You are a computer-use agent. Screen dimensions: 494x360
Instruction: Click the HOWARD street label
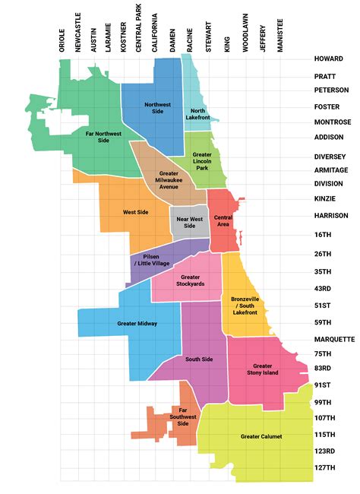pos(329,59)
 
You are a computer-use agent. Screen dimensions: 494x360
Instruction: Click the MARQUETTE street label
pos(334,338)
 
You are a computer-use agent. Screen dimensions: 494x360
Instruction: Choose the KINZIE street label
pos(327,198)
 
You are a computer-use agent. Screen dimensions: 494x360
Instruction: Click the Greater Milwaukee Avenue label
pos(168,179)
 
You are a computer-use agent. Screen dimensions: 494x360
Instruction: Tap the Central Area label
pos(223,221)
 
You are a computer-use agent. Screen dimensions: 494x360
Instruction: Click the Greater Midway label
pos(137,324)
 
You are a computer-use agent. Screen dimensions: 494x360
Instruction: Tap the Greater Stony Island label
pos(263,369)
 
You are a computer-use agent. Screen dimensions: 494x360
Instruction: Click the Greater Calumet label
pos(261,437)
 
